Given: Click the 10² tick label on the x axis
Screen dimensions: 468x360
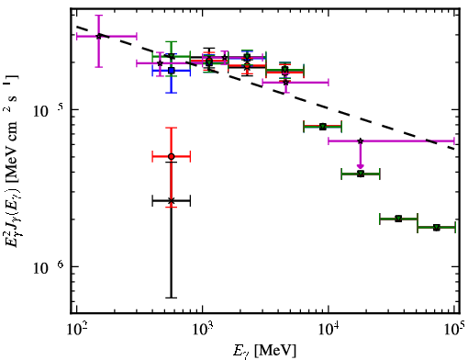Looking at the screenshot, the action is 76,331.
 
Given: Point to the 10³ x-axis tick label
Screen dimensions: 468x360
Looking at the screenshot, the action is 203,331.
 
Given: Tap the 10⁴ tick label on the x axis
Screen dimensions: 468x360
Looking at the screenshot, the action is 329,331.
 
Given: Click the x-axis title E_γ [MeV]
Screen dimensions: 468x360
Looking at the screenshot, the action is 264,351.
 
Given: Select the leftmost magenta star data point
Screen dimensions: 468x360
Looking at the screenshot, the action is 98,36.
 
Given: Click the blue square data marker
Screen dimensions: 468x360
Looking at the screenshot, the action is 172,71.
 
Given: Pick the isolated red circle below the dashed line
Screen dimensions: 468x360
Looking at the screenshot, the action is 172,156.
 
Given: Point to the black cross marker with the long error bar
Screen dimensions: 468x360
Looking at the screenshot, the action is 172,201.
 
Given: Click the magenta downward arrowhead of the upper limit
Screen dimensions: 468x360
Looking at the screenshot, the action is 361,166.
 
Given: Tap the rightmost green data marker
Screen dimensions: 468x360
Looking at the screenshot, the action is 437,228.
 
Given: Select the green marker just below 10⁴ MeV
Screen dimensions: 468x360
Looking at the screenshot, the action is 323,127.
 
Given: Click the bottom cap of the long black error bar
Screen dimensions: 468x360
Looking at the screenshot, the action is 172,298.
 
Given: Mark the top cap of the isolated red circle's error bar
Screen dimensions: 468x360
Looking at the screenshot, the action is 172,128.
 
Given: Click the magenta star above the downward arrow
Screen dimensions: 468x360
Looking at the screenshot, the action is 361,141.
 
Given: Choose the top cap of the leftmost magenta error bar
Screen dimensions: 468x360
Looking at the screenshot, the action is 98,15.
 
